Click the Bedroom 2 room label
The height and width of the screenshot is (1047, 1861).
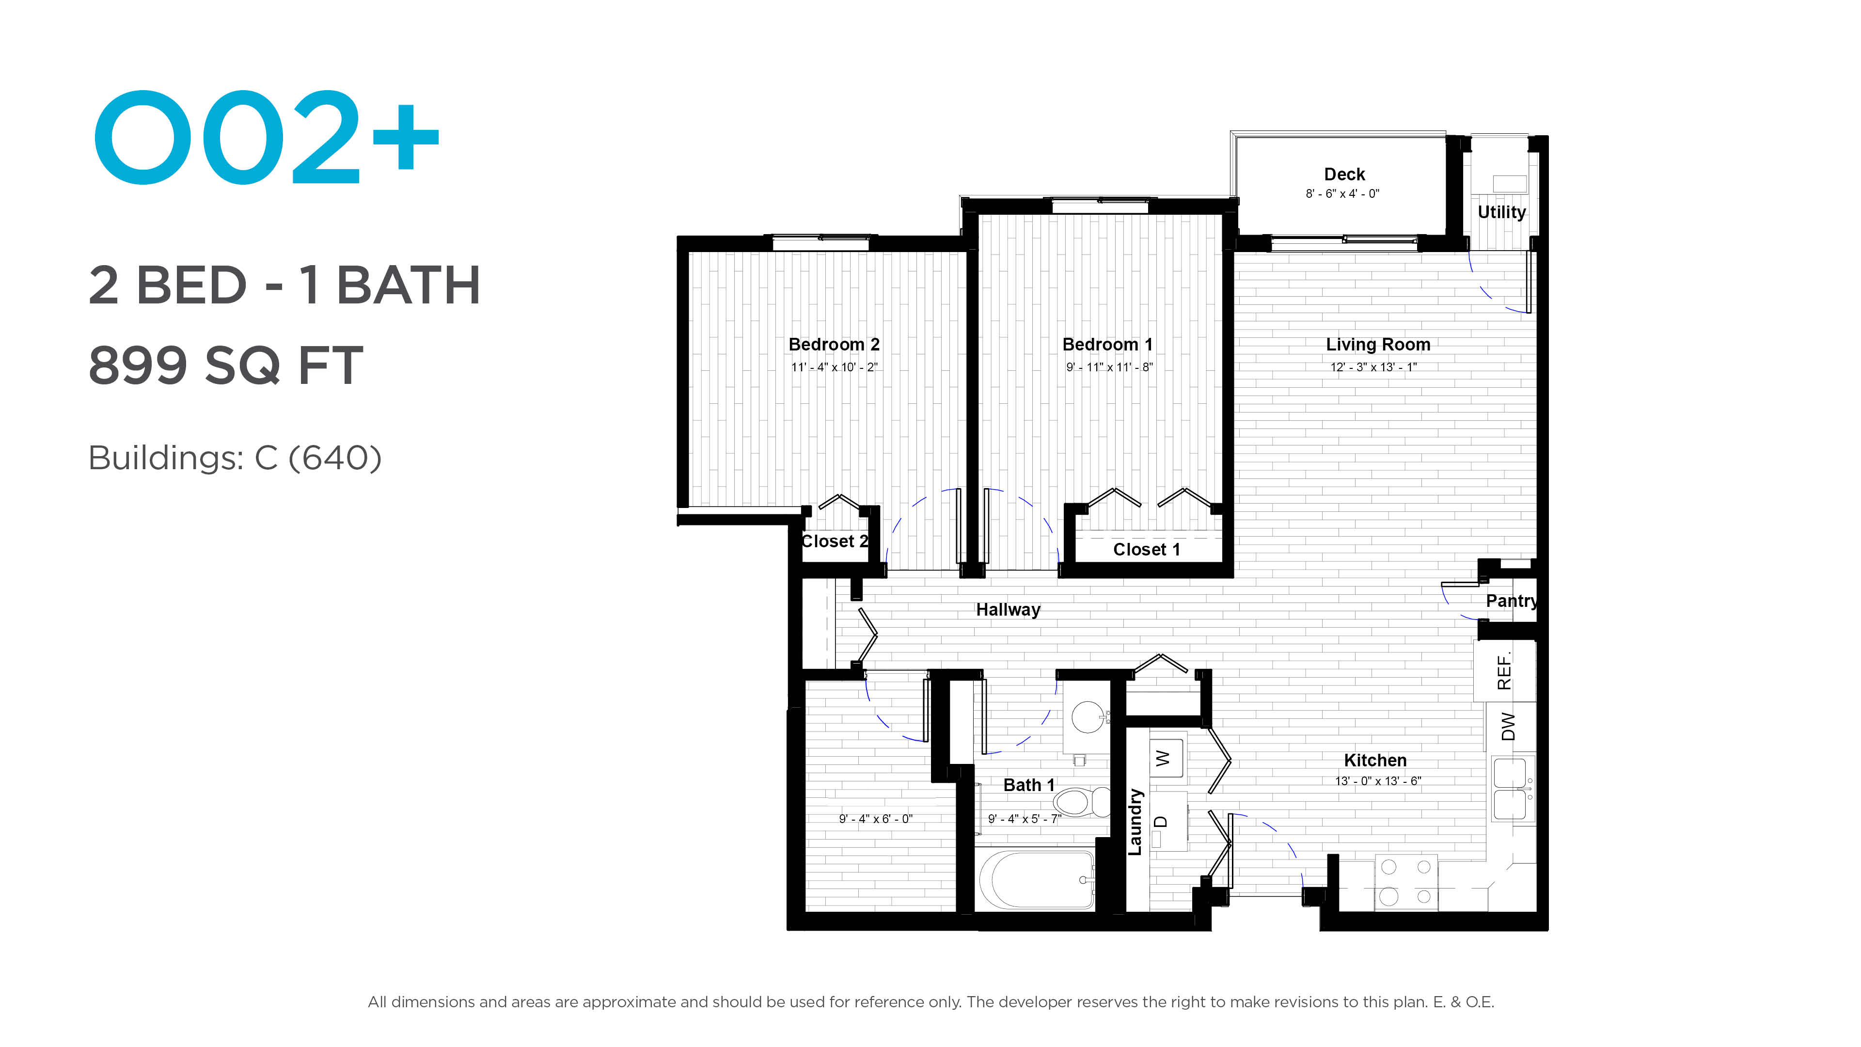coord(834,345)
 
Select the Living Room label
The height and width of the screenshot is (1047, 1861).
coord(1378,345)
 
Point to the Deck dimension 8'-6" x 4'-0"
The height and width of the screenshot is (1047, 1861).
coord(1342,194)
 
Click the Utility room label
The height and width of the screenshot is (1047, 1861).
coord(1501,212)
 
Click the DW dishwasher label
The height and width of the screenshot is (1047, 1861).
coord(1508,726)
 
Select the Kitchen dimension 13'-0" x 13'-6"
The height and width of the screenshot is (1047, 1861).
coord(1378,781)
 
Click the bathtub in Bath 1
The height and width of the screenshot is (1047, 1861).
coord(1037,879)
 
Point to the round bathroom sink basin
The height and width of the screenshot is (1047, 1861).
coord(1087,717)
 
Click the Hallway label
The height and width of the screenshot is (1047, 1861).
coord(1008,610)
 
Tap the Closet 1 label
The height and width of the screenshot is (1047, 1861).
coord(1147,550)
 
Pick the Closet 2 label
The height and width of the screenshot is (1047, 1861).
coord(835,541)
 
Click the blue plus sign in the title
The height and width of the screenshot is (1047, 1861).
coord(405,137)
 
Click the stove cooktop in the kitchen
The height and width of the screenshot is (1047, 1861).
coord(1406,882)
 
